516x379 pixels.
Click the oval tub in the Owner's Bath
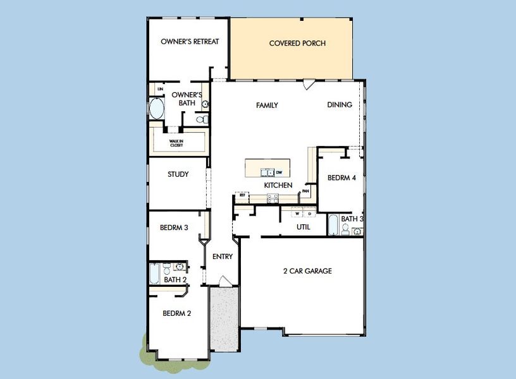(156, 109)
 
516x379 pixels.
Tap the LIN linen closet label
(160, 89)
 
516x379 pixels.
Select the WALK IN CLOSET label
(176, 143)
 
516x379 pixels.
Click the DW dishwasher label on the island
(278, 172)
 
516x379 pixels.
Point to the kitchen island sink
(267, 172)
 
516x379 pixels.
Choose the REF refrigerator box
(242, 196)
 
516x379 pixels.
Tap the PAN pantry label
(305, 190)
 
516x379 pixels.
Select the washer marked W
(297, 214)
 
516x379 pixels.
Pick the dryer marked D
(309, 214)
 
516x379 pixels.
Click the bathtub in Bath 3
(333, 225)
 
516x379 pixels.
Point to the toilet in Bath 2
(166, 267)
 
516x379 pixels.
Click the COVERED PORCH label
(297, 44)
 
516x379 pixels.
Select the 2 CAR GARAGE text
(307, 271)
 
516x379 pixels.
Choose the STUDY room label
(178, 174)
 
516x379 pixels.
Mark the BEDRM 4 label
(341, 178)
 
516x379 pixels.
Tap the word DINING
(340, 105)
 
